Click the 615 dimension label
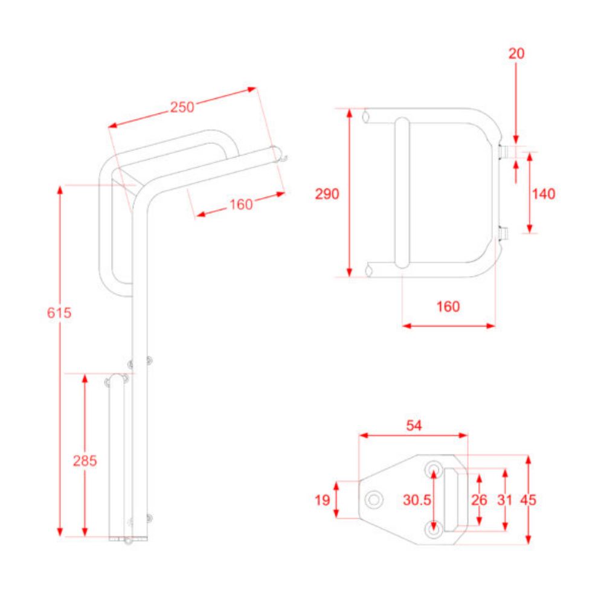[59, 312]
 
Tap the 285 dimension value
[85, 461]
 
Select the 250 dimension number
[182, 108]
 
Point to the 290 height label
[327, 193]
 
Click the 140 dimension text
[544, 193]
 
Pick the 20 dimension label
[516, 53]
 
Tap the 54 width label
[414, 425]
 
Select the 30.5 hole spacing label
[417, 499]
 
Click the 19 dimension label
[322, 499]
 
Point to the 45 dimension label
[528, 499]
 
